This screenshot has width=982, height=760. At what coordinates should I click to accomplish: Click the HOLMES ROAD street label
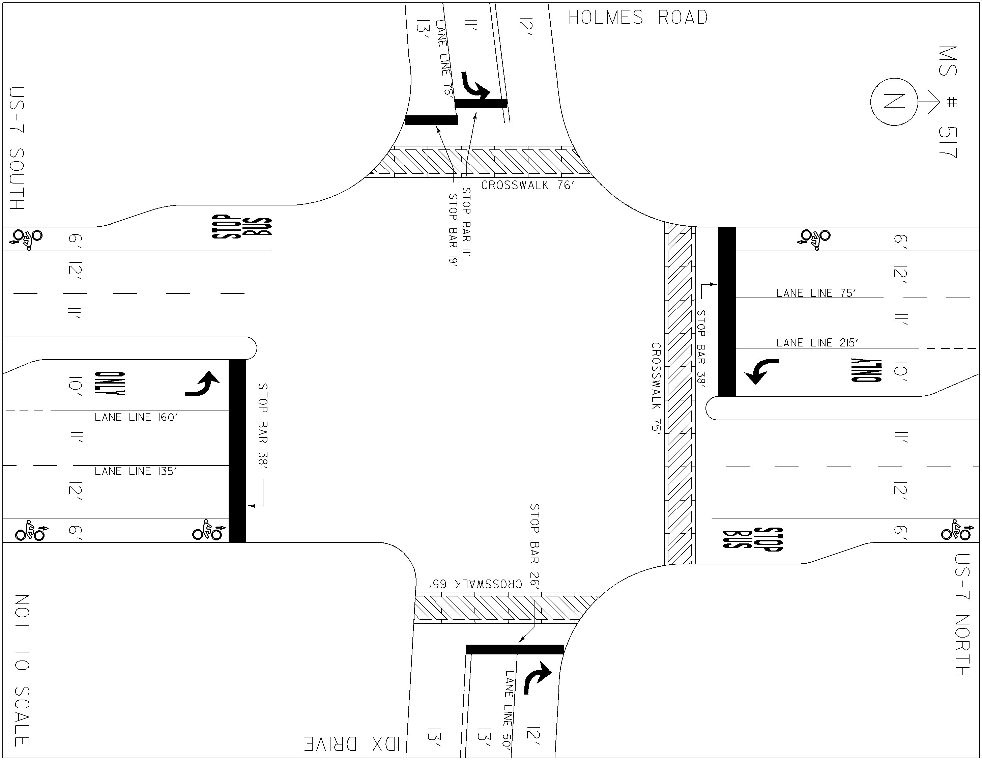pos(638,18)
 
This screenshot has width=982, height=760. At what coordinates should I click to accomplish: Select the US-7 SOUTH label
pos(18,148)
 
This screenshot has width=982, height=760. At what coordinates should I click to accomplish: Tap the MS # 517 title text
pos(948,108)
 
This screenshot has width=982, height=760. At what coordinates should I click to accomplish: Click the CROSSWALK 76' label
pos(528,185)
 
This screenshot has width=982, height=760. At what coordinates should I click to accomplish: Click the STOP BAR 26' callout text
pos(535,546)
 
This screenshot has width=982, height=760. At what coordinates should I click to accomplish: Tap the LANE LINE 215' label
pos(817,343)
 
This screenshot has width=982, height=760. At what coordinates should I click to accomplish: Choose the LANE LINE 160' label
pos(136,417)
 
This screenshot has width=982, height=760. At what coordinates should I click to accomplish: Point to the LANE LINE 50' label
pos(509,709)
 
